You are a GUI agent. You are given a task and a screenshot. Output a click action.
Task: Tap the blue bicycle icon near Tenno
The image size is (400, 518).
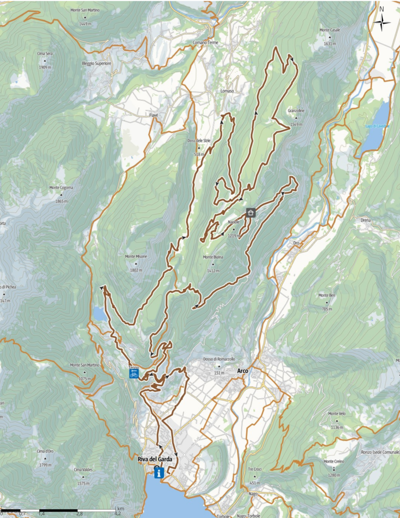point(133,373)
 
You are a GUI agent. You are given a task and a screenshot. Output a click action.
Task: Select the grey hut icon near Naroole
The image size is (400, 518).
point(250,212)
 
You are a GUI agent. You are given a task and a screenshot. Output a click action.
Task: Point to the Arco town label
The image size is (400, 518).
point(243,371)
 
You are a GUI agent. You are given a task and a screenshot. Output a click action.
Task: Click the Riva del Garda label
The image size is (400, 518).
point(151,459)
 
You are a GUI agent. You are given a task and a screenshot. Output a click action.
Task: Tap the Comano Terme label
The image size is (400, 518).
point(206,43)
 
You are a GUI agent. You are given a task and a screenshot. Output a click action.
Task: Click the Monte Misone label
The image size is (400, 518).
point(136,256)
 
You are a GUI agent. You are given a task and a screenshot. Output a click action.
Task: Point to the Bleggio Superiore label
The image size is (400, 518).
point(96,64)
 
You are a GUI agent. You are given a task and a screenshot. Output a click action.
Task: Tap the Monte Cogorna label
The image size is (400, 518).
point(61,188)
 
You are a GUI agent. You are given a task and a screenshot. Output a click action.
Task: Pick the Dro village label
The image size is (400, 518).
point(296,243)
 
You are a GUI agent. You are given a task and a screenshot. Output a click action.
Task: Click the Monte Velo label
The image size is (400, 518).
point(337,413)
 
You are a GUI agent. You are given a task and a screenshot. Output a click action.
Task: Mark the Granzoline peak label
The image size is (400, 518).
point(296,110)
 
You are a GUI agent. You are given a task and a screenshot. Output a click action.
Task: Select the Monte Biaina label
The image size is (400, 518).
point(212,257)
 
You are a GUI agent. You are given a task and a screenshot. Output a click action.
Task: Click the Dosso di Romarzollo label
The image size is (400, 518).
point(219,359)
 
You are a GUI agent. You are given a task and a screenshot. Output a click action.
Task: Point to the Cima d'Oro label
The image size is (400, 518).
point(45,451)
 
